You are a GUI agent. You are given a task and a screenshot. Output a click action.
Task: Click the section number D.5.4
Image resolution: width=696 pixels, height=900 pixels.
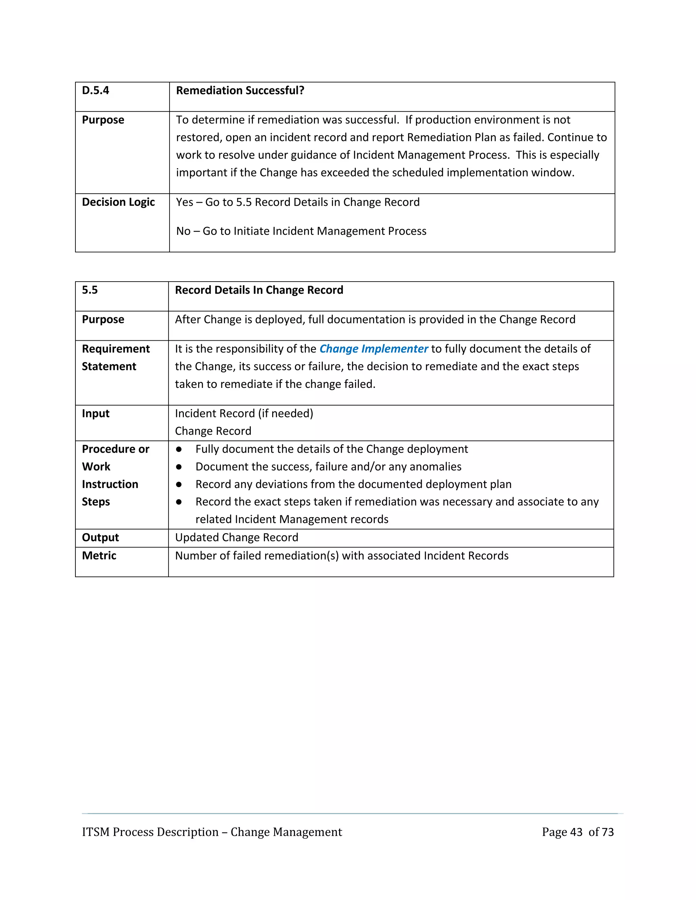95,91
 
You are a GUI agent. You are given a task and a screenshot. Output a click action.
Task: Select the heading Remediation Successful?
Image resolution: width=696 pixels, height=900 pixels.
240,91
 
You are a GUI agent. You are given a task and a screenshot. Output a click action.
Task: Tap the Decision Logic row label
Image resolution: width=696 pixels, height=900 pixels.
118,202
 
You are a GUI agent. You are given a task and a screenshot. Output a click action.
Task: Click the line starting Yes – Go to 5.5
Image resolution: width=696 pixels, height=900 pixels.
298,202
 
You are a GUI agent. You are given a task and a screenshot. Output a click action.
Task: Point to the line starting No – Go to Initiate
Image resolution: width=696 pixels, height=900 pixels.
301,231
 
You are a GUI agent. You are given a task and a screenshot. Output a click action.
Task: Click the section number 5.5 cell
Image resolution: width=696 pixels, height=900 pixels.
90,290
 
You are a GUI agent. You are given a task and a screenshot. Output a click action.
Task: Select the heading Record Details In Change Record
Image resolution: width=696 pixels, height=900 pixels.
259,290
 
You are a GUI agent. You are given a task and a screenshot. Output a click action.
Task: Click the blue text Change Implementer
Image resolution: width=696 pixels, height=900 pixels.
373,349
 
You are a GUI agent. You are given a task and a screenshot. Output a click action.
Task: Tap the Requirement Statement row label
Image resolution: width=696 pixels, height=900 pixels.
116,357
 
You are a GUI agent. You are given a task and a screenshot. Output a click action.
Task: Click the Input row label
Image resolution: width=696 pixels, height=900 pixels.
95,414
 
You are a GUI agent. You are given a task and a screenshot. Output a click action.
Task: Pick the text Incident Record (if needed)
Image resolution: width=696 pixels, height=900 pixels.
244,414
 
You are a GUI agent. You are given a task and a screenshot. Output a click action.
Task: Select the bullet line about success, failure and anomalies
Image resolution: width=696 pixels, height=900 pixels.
328,467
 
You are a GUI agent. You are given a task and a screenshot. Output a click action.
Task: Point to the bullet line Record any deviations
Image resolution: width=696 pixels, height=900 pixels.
353,485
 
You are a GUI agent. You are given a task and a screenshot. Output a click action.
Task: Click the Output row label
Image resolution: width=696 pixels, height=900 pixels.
100,538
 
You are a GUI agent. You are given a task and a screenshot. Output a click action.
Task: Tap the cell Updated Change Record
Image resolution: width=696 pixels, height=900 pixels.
237,538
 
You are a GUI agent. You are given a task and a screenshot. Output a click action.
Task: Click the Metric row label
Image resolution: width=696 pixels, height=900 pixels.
99,556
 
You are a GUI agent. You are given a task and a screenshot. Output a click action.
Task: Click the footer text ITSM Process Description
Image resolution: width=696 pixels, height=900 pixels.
212,832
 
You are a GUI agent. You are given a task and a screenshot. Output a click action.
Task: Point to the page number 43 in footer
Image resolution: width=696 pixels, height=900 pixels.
576,832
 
